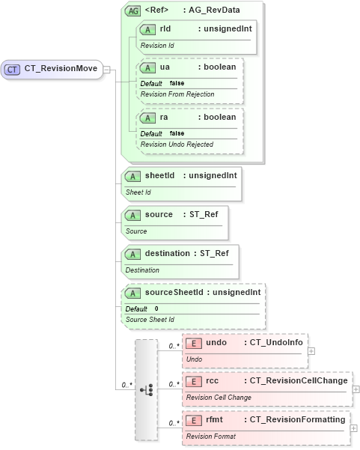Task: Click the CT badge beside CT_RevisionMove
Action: coord(13,69)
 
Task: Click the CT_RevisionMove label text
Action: coord(61,69)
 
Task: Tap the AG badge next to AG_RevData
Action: coord(132,11)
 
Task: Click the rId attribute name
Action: coord(165,28)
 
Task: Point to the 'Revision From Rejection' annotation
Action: coord(177,94)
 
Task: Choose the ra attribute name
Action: coord(166,117)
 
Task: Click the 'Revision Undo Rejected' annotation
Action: coord(177,144)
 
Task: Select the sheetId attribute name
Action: coord(160,175)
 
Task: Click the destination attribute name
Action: coord(168,253)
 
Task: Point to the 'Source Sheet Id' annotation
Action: coord(150,320)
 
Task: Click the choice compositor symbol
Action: coord(147,389)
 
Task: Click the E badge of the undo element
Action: coord(192,343)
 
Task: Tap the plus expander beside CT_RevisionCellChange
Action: coord(356,389)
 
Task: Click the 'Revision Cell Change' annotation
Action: coord(219,398)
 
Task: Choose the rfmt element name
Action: coord(216,420)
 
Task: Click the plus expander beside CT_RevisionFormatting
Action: coord(354,428)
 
